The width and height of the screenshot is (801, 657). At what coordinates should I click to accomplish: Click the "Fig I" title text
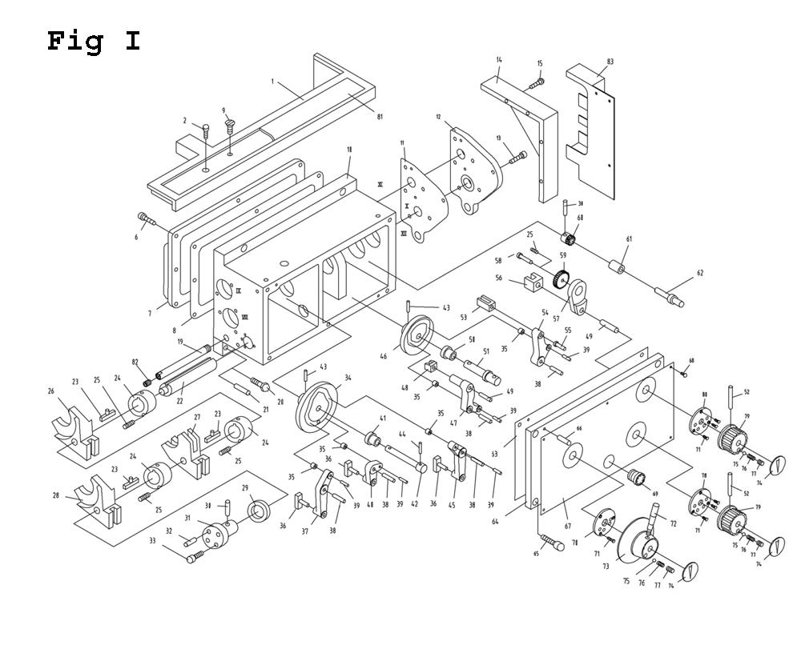pyautogui.click(x=94, y=40)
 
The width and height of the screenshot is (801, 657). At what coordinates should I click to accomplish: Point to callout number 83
pyautogui.click(x=610, y=62)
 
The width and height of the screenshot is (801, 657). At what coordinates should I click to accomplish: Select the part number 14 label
pyautogui.click(x=499, y=60)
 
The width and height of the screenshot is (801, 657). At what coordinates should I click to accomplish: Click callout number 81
pyautogui.click(x=380, y=117)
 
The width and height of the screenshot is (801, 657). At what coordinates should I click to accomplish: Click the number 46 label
pyautogui.click(x=384, y=356)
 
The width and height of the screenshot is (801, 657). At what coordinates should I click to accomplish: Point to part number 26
pyautogui.click(x=50, y=391)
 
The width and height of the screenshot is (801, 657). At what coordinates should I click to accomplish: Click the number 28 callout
pyautogui.click(x=56, y=496)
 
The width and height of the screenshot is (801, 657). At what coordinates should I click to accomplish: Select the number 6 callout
pyautogui.click(x=136, y=237)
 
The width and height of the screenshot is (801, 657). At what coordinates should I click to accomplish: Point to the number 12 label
pyautogui.click(x=438, y=117)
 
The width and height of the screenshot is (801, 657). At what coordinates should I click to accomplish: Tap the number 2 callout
pyautogui.click(x=185, y=121)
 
